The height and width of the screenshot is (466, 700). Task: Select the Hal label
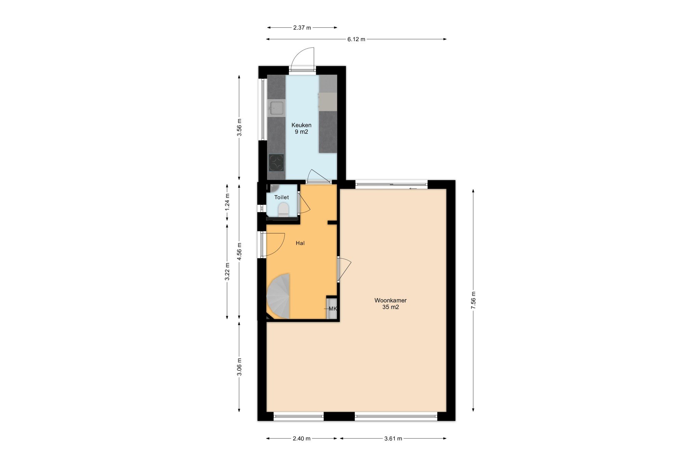click(x=300, y=243)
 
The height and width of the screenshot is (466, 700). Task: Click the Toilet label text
click(x=282, y=197)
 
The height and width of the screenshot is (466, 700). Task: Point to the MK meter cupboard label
click(x=333, y=309)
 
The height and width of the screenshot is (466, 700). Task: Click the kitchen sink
click(x=276, y=108)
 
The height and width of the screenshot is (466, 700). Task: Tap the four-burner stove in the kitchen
click(x=276, y=163)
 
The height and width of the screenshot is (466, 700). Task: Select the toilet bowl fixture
click(x=283, y=210)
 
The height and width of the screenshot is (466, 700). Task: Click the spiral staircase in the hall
click(x=279, y=296)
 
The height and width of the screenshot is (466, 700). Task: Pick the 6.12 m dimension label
click(x=356, y=39)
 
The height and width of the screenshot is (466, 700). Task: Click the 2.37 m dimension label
click(x=302, y=28)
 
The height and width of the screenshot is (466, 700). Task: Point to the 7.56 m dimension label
click(x=473, y=300)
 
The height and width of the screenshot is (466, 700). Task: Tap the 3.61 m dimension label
click(x=393, y=439)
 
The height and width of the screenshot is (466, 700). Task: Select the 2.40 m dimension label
click(x=301, y=439)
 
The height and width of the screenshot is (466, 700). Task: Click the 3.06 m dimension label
click(x=239, y=367)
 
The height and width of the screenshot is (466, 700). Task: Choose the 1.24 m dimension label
click(x=227, y=201)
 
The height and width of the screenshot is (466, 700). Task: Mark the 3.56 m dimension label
click(x=239, y=127)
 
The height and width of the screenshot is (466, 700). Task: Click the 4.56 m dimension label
click(x=239, y=252)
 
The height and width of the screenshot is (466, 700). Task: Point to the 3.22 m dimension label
click(x=227, y=272)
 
